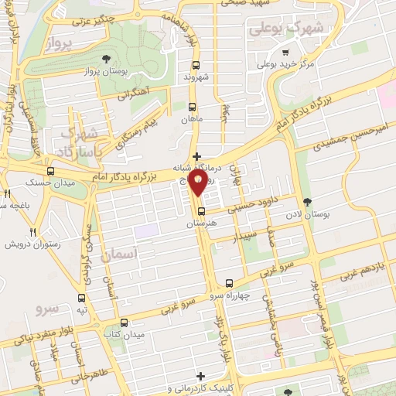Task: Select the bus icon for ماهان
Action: pos(193,108)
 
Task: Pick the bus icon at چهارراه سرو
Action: pos(229,283)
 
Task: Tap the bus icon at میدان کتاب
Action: pos(125,323)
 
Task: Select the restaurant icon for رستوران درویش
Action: pos(32,231)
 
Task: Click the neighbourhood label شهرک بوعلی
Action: pos(284,29)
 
